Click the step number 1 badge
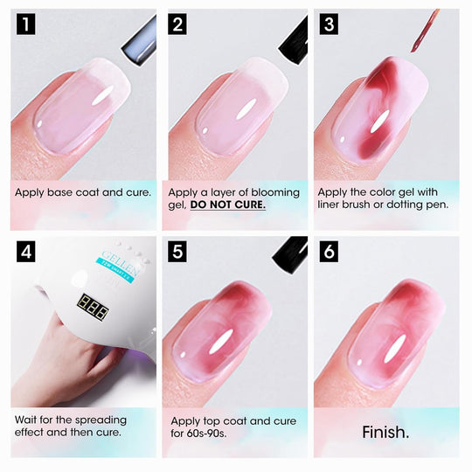(x=26, y=24)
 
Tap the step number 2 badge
(x=177, y=24)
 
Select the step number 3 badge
(x=329, y=24)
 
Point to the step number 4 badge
(x=26, y=252)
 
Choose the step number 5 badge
(x=177, y=252)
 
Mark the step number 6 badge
(x=329, y=252)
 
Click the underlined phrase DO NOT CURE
(x=228, y=205)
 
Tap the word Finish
(x=385, y=433)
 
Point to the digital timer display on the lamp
(x=93, y=308)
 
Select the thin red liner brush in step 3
(x=425, y=31)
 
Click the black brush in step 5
(x=290, y=255)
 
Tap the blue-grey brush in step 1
(x=140, y=41)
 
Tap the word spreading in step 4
(x=101, y=420)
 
